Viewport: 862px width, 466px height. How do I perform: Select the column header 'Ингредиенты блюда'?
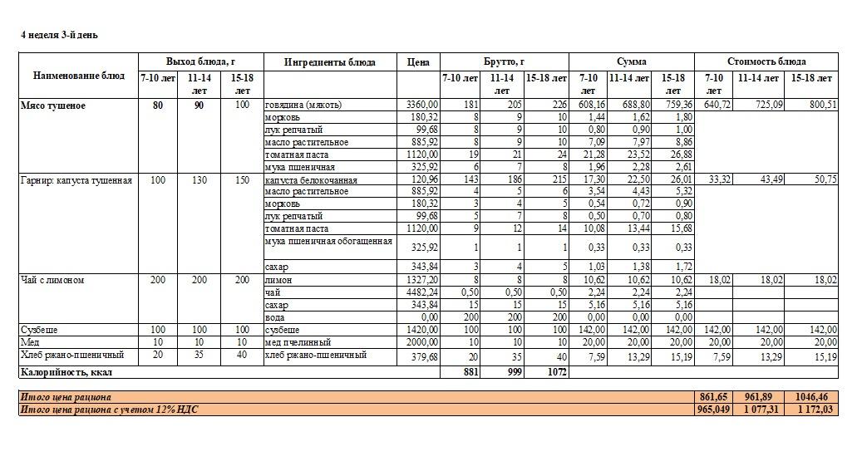coord(329,62)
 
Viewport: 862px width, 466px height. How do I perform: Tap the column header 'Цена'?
coord(418,62)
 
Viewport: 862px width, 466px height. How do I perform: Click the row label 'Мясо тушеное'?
coord(53,105)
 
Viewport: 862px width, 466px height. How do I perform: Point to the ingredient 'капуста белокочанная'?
coord(311,179)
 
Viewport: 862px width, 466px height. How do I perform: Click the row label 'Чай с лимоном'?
coord(52,281)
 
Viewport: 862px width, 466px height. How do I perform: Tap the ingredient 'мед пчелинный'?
coord(298,342)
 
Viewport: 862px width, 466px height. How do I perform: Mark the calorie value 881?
coord(470,372)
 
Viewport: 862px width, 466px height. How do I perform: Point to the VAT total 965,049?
coord(713,410)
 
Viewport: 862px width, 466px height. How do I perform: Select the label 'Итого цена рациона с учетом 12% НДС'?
coord(110,410)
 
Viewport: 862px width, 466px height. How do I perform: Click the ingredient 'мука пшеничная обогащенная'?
coord(328,242)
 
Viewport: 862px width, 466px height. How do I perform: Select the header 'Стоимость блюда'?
coord(766,61)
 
